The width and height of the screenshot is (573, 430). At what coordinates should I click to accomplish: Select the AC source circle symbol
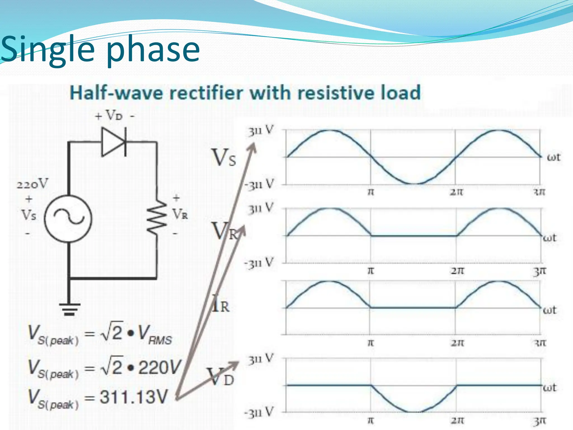(x=68, y=218)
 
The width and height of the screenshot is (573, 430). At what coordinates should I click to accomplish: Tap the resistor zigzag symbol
(x=157, y=217)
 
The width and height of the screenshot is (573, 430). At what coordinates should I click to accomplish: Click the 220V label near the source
(x=32, y=184)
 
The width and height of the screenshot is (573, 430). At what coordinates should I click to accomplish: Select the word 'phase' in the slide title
(x=153, y=50)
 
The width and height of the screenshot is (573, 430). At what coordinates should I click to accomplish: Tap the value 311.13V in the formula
(x=134, y=397)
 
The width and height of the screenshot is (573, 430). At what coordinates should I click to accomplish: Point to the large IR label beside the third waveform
(x=220, y=304)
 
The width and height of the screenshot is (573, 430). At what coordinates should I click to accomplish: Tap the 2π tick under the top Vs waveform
(x=456, y=192)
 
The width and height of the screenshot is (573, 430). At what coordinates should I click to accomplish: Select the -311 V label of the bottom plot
(x=259, y=413)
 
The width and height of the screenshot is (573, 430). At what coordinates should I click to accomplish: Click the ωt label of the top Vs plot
(x=554, y=157)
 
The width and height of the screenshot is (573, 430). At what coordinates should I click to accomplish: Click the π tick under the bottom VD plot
(x=370, y=420)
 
